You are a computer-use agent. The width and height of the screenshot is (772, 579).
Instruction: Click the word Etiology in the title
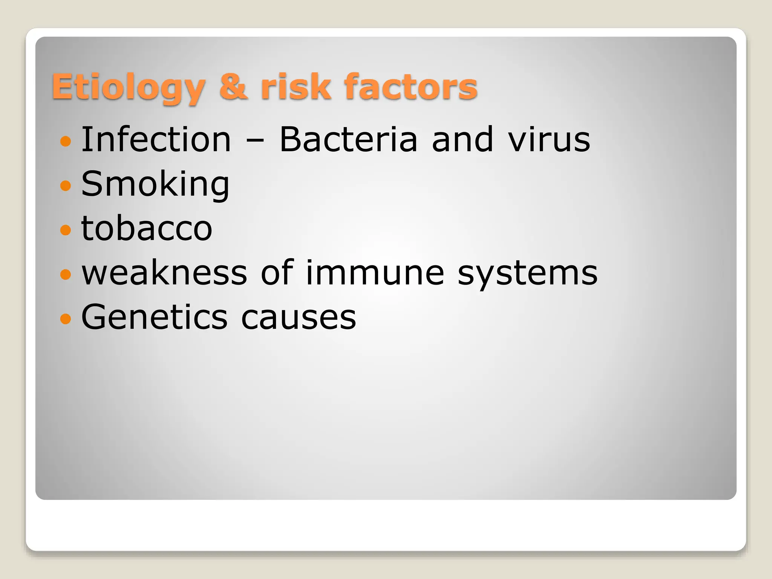(128, 87)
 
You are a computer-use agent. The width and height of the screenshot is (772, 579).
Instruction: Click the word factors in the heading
(411, 87)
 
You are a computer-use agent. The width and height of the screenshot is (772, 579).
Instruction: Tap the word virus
(549, 140)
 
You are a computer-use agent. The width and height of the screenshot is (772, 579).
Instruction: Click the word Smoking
(155, 185)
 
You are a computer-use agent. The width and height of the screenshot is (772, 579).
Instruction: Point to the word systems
(527, 274)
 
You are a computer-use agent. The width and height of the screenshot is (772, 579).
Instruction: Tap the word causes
(298, 318)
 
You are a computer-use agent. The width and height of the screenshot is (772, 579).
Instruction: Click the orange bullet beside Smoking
(66, 185)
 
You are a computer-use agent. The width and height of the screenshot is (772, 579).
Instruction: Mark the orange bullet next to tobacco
(66, 230)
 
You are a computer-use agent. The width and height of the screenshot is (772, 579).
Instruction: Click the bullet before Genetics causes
(66, 319)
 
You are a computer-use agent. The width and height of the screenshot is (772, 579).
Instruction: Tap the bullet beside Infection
(66, 141)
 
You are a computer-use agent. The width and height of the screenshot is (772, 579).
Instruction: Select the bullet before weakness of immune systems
(66, 274)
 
